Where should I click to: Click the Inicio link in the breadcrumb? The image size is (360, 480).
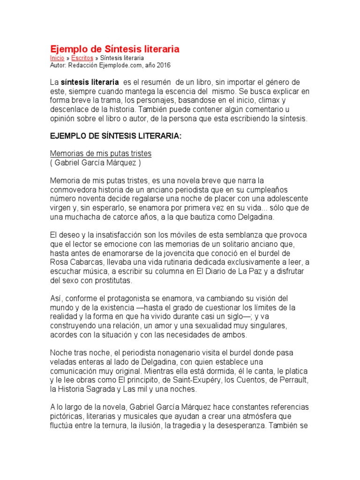[x=57, y=58]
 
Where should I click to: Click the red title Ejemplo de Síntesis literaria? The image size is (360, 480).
[x=115, y=49]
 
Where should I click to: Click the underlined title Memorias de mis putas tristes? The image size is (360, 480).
[x=101, y=154]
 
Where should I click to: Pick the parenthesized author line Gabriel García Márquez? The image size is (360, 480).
[x=95, y=163]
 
